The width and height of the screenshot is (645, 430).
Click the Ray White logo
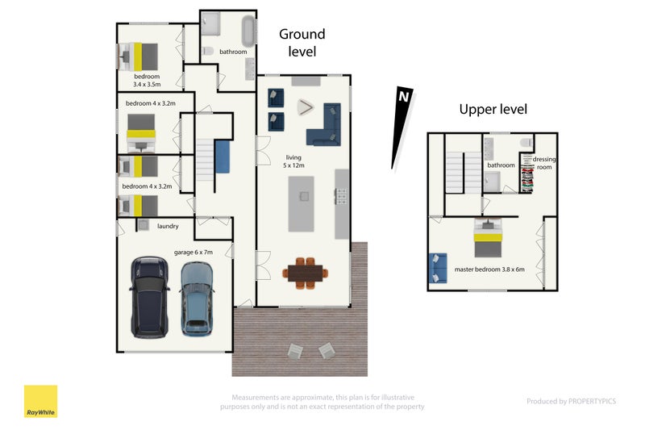(41, 401)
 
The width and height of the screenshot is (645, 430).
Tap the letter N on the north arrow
(404, 97)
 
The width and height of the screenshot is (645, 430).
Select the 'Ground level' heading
(302, 43)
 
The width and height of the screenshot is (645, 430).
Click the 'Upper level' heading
(493, 109)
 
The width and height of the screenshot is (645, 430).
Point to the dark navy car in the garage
(149, 297)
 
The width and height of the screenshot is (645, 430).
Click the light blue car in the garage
(197, 298)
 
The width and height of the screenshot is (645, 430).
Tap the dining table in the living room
(306, 273)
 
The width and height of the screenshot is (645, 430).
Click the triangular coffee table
(306, 107)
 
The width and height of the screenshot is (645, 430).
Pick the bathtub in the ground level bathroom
(248, 31)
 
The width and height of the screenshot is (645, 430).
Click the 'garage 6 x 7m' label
(193, 253)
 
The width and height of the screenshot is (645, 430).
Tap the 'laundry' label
(168, 226)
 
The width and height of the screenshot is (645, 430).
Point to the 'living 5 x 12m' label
(293, 161)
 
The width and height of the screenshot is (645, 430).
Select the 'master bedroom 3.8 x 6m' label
(489, 269)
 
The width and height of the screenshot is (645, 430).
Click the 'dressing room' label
(543, 163)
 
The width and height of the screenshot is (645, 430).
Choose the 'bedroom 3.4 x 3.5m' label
(147, 80)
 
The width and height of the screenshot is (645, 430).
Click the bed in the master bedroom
(488, 238)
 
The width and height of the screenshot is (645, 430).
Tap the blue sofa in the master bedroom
(438, 269)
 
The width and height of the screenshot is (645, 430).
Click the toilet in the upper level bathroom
(526, 143)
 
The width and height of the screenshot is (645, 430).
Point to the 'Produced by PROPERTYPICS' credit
(572, 401)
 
